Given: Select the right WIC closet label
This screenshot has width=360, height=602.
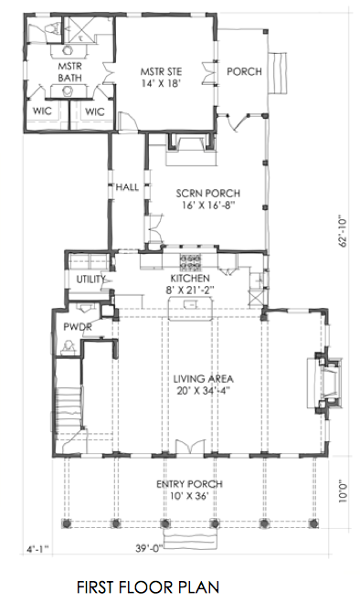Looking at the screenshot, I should coord(95,111).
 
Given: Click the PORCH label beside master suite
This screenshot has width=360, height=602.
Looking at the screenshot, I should coord(243,72).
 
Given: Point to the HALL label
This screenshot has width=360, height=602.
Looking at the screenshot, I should coord(127,187).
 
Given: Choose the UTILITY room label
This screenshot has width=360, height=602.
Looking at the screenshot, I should coord(90,280).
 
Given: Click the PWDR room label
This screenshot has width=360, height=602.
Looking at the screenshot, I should coord(75,326).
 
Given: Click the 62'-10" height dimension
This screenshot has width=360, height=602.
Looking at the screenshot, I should coord(344,230).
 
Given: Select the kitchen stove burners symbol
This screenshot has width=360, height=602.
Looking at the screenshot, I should coord(191,263).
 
